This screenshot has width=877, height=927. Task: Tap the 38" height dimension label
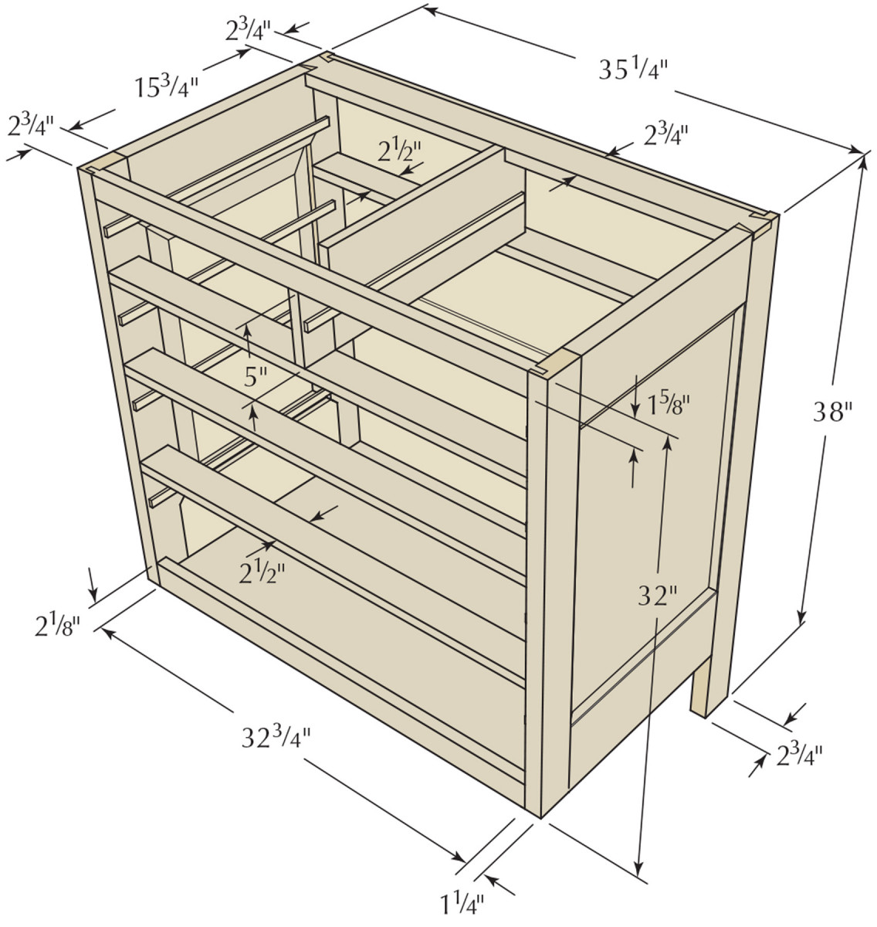point(833,412)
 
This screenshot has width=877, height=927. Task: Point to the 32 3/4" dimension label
point(276,737)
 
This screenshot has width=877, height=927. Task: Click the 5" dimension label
point(256,378)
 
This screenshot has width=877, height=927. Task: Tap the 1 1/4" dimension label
point(462,903)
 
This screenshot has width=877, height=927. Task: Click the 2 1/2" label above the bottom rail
point(262,572)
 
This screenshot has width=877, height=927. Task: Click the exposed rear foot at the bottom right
point(699,688)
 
